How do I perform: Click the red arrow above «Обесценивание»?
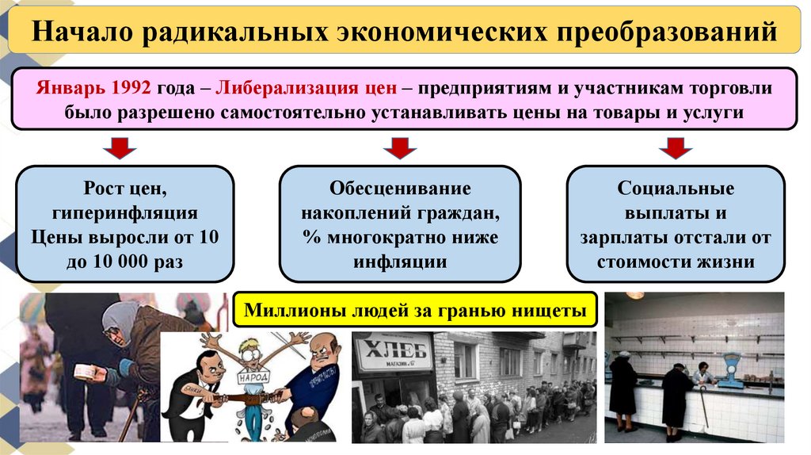[x=400, y=147]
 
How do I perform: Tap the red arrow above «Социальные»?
[x=675, y=147]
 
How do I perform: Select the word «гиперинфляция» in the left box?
[x=125, y=213]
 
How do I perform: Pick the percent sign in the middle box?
[x=309, y=238]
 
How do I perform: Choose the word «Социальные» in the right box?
[x=676, y=189]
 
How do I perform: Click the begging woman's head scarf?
[x=118, y=317]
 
